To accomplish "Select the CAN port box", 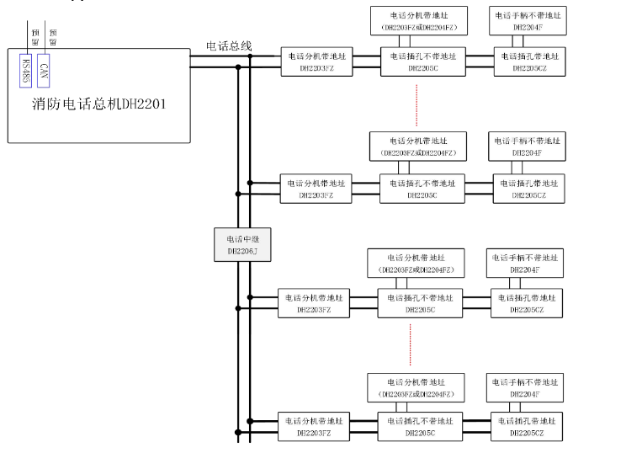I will pyautogui.click(x=45, y=68).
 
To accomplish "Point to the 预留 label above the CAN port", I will pyautogui.click(x=53, y=34).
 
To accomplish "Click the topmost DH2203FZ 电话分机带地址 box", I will pyautogui.click(x=316, y=61).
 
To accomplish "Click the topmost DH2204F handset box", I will pyautogui.click(x=528, y=21).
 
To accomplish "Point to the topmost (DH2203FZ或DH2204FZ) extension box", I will pyautogui.click(x=418, y=21).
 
